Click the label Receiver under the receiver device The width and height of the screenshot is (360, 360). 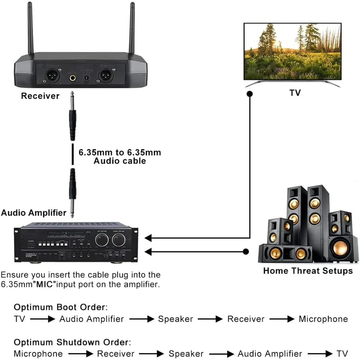tap(40, 96)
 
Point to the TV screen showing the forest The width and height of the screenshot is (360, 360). tap(292, 51)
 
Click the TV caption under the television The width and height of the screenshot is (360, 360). tap(295, 93)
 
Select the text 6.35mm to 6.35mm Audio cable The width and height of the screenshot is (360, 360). tap(120, 156)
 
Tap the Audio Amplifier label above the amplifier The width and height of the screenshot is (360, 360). tap(34, 213)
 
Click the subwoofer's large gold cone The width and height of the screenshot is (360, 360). tap(340, 248)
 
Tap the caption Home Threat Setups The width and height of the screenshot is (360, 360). tap(308, 271)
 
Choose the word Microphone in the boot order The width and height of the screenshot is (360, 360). tap(323, 319)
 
